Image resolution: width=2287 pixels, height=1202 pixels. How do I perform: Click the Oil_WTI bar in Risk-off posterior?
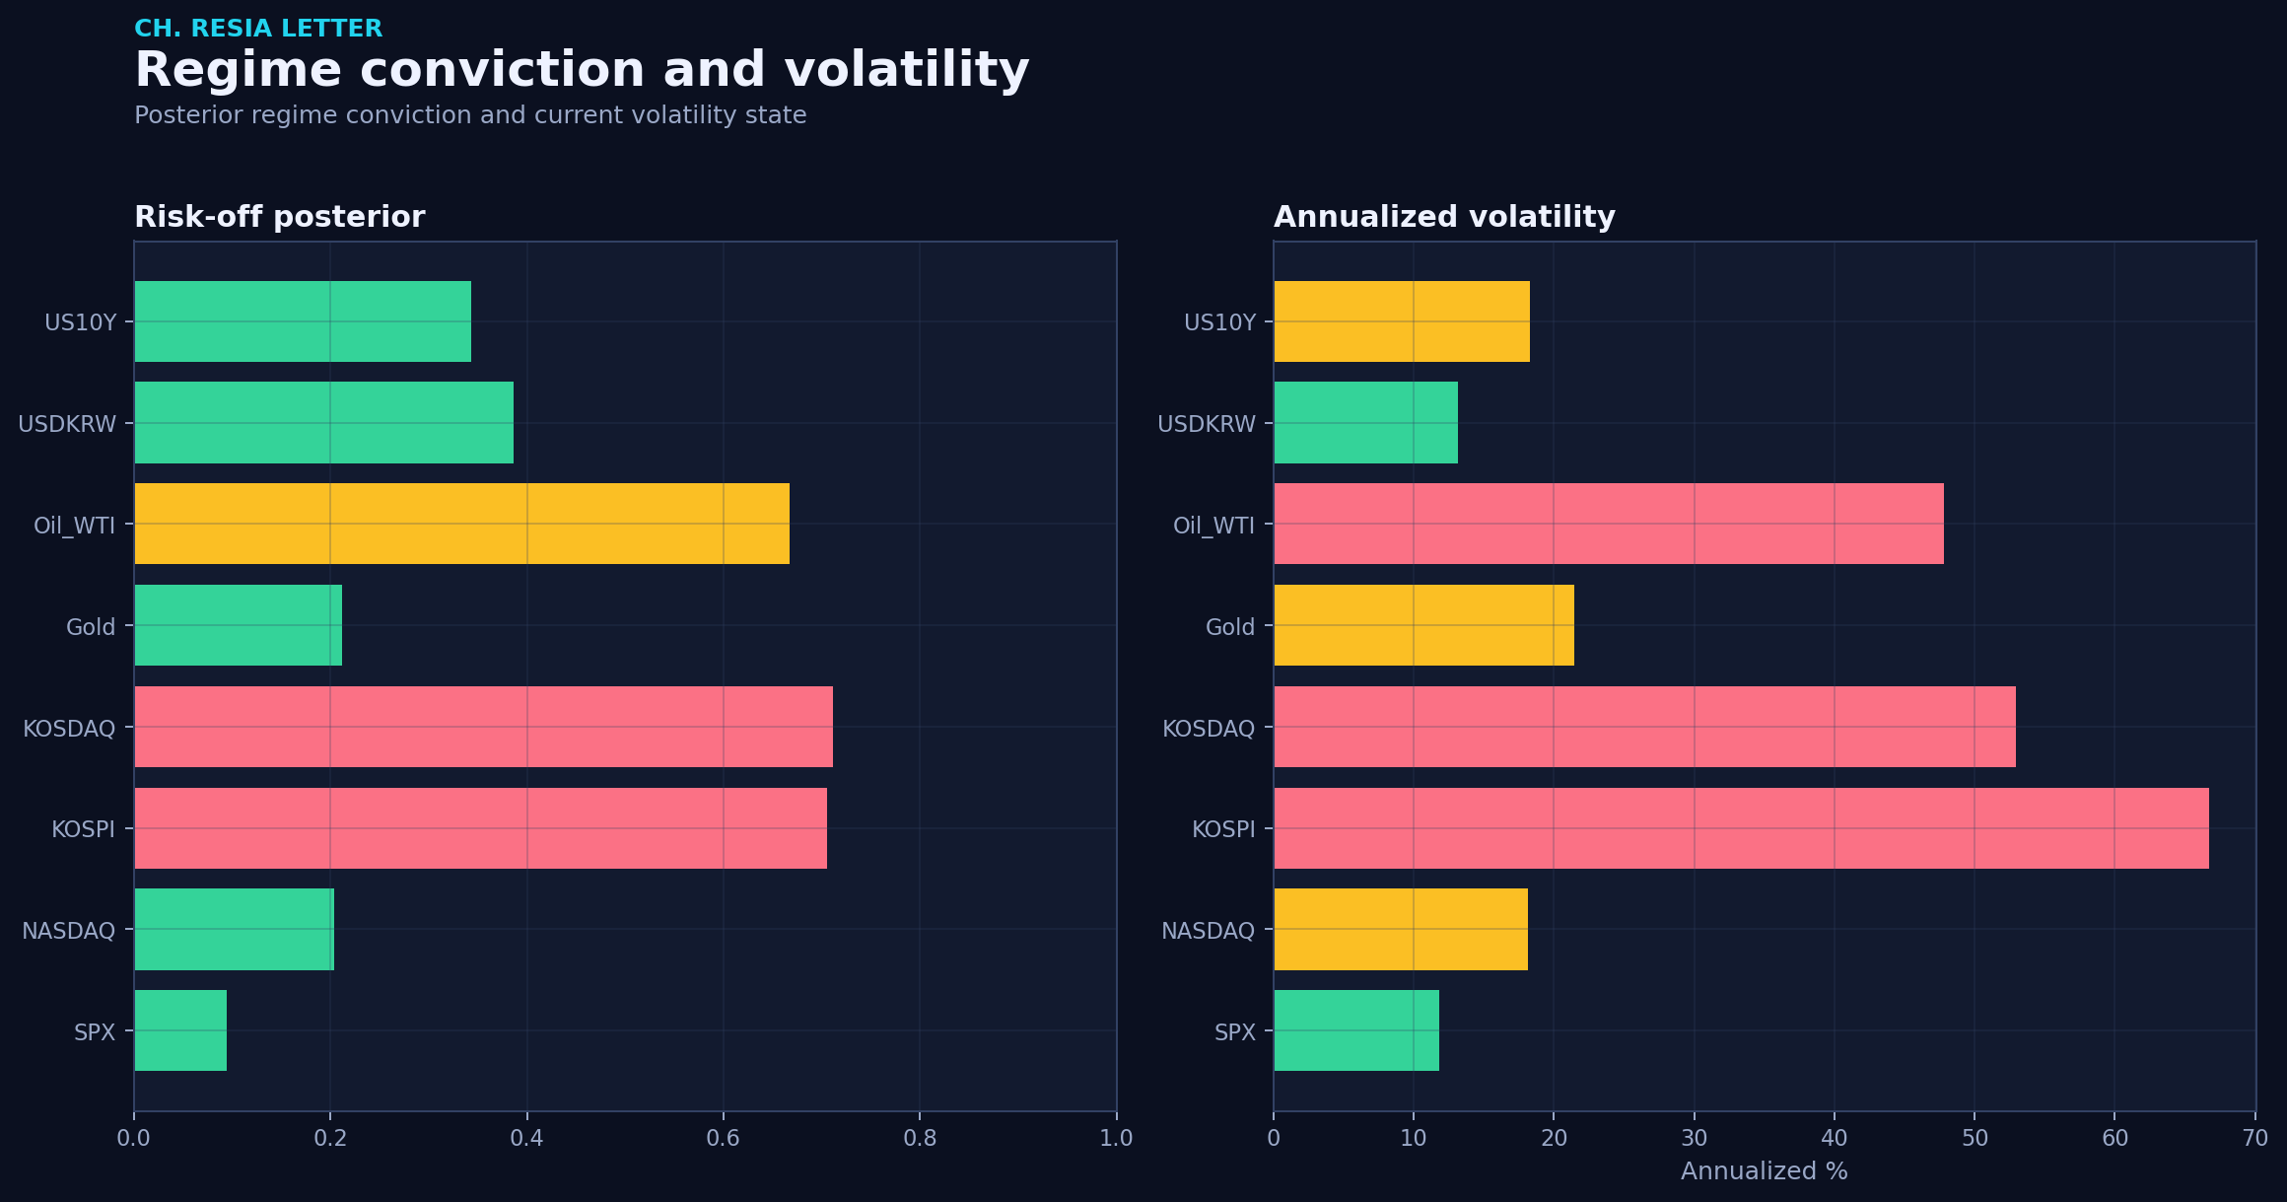click(x=461, y=524)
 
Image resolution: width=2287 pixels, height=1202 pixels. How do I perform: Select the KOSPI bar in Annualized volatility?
click(x=1741, y=828)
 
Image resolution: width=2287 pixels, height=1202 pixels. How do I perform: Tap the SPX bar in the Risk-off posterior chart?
click(x=180, y=1030)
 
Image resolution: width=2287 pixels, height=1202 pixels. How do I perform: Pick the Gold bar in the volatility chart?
click(x=1423, y=625)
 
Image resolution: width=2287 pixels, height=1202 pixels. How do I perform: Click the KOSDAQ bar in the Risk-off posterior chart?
click(x=483, y=727)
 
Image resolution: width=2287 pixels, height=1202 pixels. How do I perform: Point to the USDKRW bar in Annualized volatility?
click(x=1365, y=422)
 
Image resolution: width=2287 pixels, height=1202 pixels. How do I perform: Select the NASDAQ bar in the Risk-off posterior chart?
click(x=234, y=929)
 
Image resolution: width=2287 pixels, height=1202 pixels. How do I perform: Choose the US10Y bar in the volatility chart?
click(x=1402, y=321)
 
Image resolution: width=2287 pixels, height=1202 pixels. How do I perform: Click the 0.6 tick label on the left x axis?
click(x=723, y=1138)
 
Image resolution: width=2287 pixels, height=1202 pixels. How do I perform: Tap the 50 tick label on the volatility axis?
click(x=1975, y=1138)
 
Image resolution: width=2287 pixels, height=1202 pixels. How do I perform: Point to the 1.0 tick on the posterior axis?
click(x=1116, y=1138)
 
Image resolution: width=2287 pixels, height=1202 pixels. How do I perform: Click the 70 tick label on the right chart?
click(x=2254, y=1138)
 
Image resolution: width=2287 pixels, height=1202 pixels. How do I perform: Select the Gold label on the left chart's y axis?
click(x=91, y=627)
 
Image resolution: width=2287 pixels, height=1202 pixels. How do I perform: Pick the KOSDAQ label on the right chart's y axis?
click(x=1209, y=729)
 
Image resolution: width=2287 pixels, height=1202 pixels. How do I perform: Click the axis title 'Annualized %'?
click(x=1764, y=1171)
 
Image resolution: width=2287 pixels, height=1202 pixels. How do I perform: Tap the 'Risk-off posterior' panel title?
click(x=280, y=217)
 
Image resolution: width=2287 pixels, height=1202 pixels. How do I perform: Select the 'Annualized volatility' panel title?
click(x=1444, y=217)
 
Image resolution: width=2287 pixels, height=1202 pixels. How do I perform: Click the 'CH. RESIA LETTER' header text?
click(x=258, y=29)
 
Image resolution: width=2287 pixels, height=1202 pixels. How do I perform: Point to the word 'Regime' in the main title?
click(x=240, y=71)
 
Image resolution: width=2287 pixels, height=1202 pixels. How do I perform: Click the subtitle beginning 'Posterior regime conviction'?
click(x=470, y=115)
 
